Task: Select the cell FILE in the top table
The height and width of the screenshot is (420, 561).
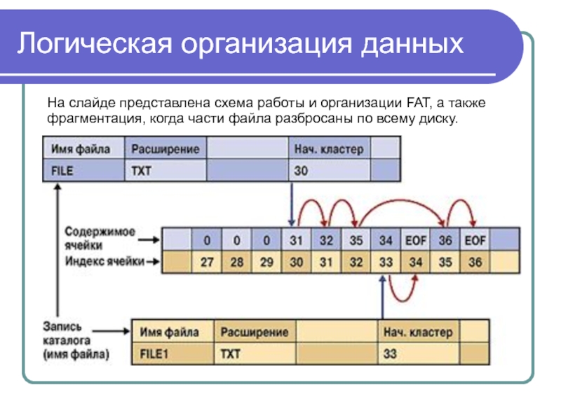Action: [x=63, y=170]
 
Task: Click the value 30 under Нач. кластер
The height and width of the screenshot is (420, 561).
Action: [x=301, y=170]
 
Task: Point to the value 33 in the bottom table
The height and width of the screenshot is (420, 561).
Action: [x=390, y=353]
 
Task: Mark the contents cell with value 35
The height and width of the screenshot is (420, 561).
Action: [x=356, y=241]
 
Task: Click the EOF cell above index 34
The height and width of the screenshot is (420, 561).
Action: [x=415, y=241]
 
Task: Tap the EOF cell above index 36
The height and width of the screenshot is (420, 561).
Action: [x=475, y=241]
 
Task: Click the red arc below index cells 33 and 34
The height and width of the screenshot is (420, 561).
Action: [x=400, y=289]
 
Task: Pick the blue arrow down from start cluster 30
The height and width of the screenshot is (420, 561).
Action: [x=291, y=203]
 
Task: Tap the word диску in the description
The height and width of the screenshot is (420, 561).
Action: [x=440, y=118]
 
